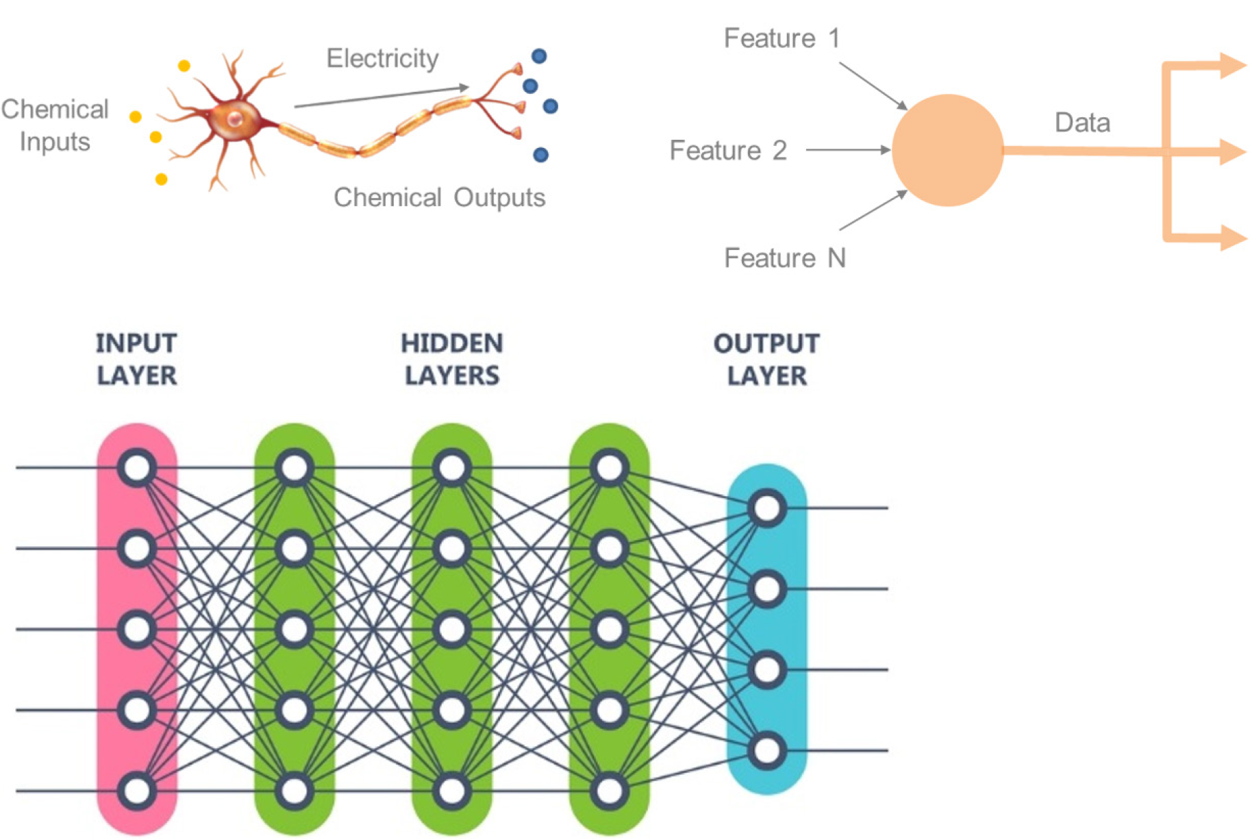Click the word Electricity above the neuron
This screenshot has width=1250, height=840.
click(x=382, y=59)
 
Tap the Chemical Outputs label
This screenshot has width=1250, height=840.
click(x=439, y=197)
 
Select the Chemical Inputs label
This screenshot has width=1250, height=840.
click(x=55, y=125)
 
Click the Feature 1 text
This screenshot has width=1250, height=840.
click(x=782, y=38)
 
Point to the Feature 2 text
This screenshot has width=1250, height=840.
click(x=728, y=150)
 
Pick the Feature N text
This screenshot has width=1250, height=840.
click(x=785, y=258)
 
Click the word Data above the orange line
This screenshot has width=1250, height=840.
click(x=1082, y=123)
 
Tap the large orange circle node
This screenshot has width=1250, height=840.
click(x=948, y=150)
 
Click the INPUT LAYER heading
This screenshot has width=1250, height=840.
click(x=136, y=359)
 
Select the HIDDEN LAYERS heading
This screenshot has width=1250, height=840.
click(x=452, y=359)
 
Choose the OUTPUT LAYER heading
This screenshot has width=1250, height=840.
click(x=766, y=359)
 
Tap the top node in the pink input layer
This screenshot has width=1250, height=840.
click(x=137, y=468)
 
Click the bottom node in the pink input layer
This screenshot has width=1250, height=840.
click(x=137, y=791)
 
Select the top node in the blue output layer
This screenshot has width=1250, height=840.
click(x=766, y=508)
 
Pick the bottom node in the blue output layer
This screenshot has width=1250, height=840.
click(x=766, y=750)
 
